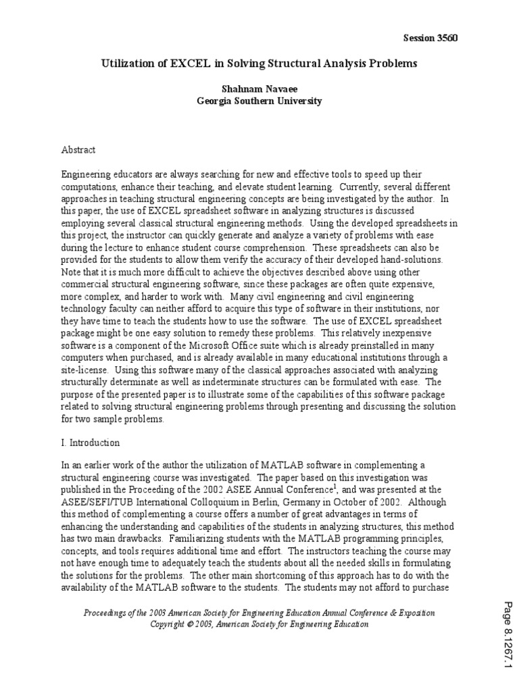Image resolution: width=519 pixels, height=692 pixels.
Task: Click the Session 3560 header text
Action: [430, 38]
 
